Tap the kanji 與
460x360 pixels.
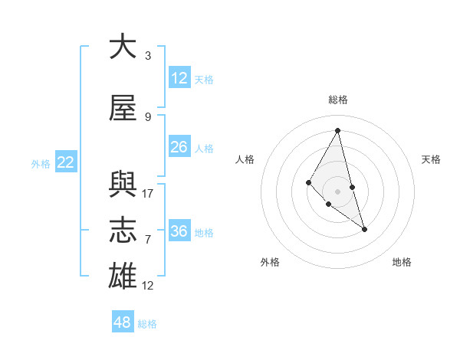click(x=123, y=184)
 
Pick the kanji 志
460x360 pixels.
click(x=123, y=231)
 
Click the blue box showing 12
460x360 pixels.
click(x=179, y=78)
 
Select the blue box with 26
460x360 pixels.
click(x=179, y=147)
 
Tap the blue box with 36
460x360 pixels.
click(x=179, y=231)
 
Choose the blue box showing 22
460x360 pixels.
click(x=66, y=162)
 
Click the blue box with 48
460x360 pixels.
click(x=123, y=322)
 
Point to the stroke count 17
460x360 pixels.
click(x=148, y=194)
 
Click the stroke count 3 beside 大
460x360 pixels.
click(x=148, y=56)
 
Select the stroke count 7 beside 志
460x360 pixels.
click(x=148, y=240)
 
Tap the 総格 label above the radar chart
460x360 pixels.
click(x=337, y=100)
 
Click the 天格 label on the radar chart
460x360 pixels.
click(x=431, y=159)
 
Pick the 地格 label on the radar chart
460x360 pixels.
click(x=402, y=263)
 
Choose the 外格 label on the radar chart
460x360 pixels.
click(x=271, y=263)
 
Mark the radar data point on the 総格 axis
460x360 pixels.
click(x=337, y=130)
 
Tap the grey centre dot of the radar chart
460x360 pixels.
click(x=337, y=191)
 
